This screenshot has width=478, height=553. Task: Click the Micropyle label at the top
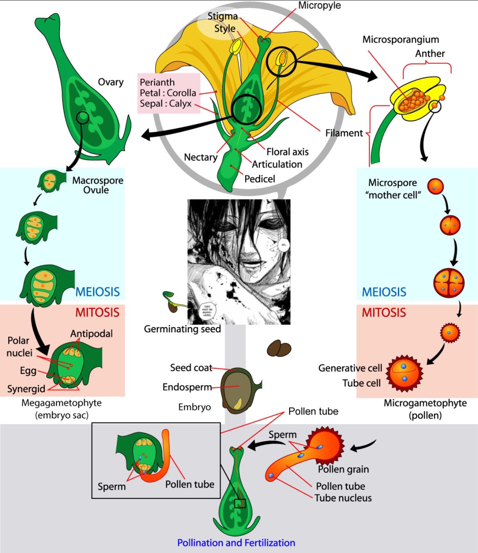(x=319, y=6)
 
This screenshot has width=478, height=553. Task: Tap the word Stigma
(x=222, y=16)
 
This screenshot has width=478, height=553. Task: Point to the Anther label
(x=430, y=54)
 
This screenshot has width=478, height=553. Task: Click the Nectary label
(x=200, y=157)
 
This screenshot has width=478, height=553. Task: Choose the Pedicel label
(x=259, y=179)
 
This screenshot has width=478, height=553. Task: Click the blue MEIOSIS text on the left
(x=98, y=292)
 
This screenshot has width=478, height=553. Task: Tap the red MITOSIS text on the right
(x=384, y=313)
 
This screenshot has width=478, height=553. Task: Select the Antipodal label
(x=91, y=334)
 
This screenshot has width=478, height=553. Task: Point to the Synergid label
(x=26, y=389)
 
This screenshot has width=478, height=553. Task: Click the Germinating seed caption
(x=182, y=329)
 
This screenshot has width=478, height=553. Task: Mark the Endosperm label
(x=187, y=387)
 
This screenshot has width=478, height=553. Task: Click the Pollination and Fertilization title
(x=236, y=543)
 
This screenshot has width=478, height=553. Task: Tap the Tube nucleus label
(x=343, y=498)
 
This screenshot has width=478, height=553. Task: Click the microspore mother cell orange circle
(x=436, y=187)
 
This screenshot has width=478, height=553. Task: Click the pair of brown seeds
(x=279, y=349)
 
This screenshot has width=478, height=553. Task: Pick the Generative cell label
(x=350, y=368)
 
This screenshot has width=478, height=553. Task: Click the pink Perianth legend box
(x=169, y=93)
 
